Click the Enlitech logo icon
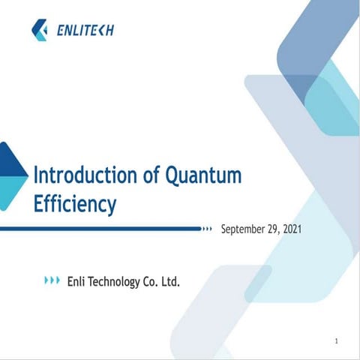click(40, 30)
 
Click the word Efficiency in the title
click(75, 203)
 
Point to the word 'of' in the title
click(151, 177)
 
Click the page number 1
click(337, 342)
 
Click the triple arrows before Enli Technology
click(52, 280)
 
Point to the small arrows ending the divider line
click(208, 228)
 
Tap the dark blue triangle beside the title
click(9, 160)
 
